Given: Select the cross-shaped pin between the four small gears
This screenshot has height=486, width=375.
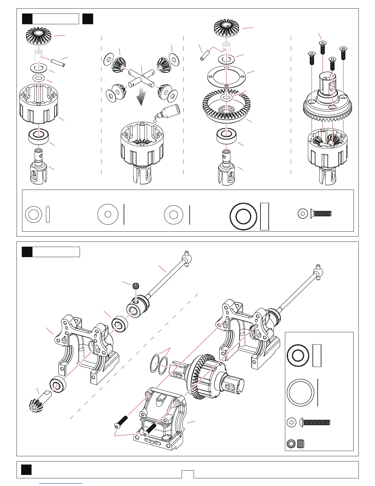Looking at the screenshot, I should pyautogui.click(x=141, y=77).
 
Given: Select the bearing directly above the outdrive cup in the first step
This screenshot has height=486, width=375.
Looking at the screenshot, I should pyautogui.click(x=39, y=136).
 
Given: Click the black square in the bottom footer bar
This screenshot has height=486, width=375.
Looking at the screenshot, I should pyautogui.click(x=26, y=470).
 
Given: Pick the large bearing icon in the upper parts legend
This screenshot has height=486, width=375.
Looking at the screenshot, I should pyautogui.click(x=244, y=216).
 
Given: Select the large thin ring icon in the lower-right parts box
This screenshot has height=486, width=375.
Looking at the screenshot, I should pyautogui.click(x=300, y=392).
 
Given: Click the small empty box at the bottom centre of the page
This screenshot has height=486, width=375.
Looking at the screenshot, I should pyautogui.click(x=187, y=474).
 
